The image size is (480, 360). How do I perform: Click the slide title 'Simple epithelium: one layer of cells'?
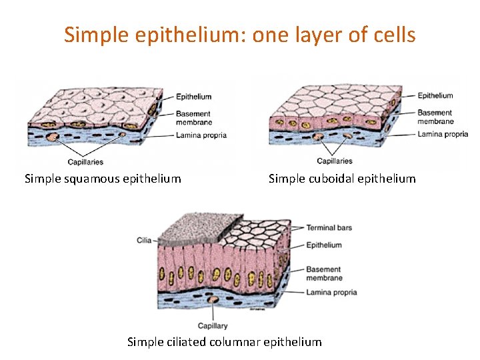coord(240,35)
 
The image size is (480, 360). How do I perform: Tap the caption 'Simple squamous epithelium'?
coord(103,179)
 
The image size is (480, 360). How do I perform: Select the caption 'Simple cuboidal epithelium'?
coord(342,179)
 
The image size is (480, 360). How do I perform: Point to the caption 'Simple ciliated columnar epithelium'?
coord(224,342)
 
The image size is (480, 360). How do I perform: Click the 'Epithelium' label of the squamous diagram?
coord(194,97)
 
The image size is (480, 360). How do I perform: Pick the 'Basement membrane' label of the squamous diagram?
coord(194,118)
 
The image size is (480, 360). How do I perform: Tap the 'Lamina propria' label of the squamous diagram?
coord(201,135)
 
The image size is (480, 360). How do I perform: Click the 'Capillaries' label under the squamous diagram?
coord(85,162)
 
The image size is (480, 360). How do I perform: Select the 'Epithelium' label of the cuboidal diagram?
coord(435,96)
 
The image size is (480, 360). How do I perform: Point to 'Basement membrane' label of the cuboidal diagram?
coord(435,117)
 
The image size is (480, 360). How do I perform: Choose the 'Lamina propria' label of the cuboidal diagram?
coord(443,134)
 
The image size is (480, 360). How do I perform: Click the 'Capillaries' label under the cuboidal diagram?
coord(335,161)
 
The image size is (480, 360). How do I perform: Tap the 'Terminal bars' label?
coord(329,228)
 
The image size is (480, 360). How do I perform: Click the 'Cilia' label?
coord(144,240)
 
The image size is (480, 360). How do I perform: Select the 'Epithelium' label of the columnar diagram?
coord(324,245)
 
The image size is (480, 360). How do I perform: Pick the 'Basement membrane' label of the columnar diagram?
coord(324,274)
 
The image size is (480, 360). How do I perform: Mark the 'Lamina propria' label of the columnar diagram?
coord(331,293)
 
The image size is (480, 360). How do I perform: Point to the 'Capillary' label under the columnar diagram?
coord(213,326)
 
